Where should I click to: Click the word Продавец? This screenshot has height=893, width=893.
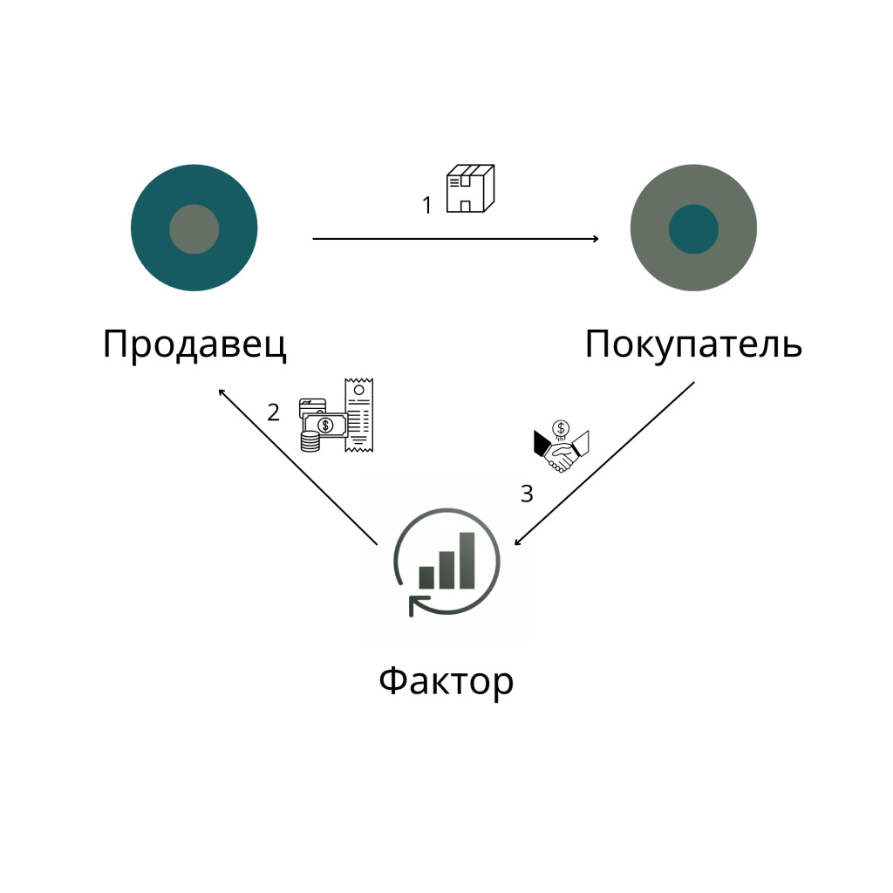(194, 344)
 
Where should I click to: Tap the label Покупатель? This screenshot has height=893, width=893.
(693, 344)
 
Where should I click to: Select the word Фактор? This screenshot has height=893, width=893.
(446, 680)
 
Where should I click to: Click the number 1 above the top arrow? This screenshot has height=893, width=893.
(427, 205)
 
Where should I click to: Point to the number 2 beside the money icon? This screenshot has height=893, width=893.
(273, 412)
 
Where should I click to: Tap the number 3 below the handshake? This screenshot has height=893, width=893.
(527, 494)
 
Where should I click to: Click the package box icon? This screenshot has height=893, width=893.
(470, 188)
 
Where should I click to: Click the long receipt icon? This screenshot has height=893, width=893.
(358, 414)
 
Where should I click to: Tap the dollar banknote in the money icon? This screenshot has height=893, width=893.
(325, 425)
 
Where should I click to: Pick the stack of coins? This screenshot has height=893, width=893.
(310, 441)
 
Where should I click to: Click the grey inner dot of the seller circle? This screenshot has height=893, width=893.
(194, 229)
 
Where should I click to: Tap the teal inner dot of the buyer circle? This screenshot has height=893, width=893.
(693, 229)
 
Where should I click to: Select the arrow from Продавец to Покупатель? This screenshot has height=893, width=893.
(455, 239)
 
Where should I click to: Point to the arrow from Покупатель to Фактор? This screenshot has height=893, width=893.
(604, 463)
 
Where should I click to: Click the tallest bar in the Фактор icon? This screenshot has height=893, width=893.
(467, 561)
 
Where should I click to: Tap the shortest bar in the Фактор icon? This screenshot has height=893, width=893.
(426, 577)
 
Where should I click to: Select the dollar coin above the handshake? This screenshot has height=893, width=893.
(561, 428)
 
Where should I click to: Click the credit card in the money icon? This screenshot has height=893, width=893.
(312, 406)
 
